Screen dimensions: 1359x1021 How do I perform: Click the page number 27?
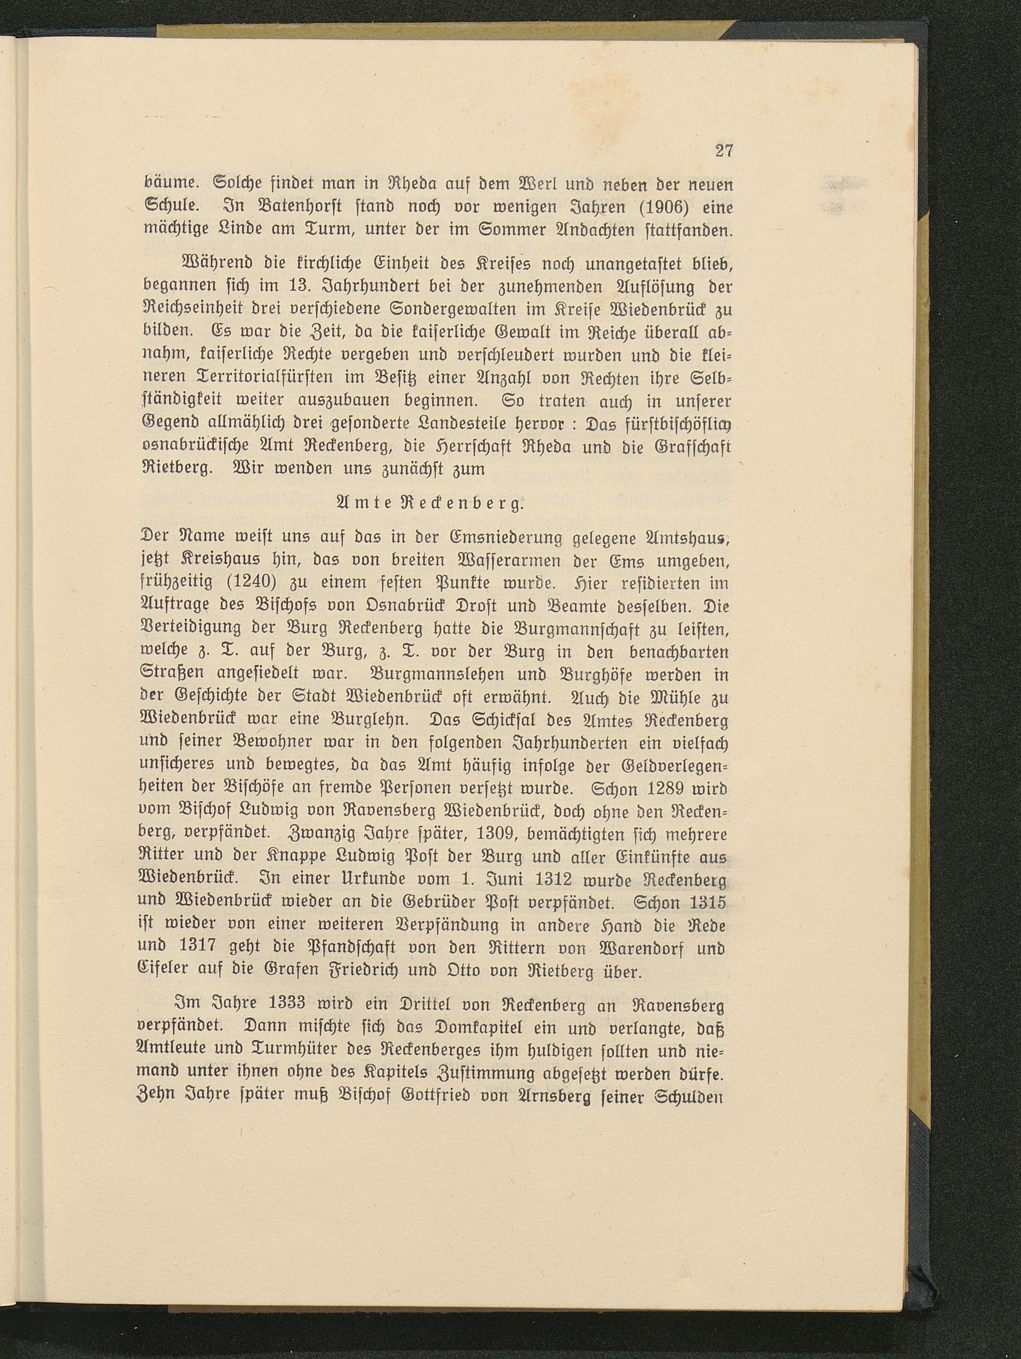[724, 151]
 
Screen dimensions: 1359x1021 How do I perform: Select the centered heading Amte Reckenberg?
[424, 504]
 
